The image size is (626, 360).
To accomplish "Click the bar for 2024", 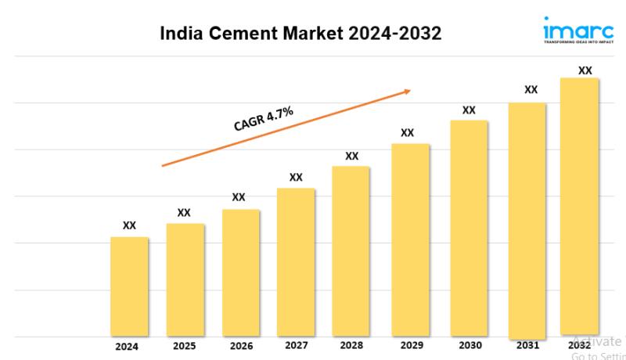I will (x=129, y=286).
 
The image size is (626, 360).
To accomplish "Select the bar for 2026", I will (x=240, y=272).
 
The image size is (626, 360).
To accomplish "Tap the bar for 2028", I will (x=351, y=251).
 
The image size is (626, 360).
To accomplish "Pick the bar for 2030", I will (x=469, y=228).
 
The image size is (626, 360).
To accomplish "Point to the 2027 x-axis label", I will (x=296, y=344).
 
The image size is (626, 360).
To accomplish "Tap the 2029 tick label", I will (x=408, y=344).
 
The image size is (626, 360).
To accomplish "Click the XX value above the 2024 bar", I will (x=129, y=225).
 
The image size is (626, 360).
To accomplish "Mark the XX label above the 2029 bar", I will (x=407, y=132).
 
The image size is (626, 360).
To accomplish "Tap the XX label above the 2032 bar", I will (x=585, y=70).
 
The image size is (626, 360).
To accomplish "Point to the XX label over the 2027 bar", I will (x=296, y=177).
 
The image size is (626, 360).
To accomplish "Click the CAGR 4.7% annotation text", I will (x=263, y=118).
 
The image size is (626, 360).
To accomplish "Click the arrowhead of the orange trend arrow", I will (x=407, y=91).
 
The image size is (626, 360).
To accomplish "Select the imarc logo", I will (x=579, y=31).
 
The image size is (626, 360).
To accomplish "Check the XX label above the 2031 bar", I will (x=531, y=89).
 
